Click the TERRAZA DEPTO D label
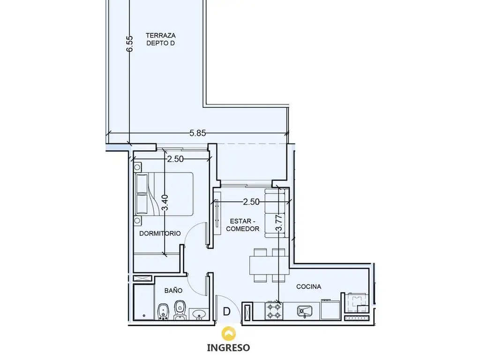161,39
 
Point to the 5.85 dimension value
197,133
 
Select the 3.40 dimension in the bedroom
165,202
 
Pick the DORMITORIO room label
160,233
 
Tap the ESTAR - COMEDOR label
243,225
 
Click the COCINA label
308,286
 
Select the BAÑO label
173,290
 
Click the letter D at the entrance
226,312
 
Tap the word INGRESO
228,348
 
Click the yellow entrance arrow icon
228,334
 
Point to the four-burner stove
274,311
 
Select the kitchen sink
305,311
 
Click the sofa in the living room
277,213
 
